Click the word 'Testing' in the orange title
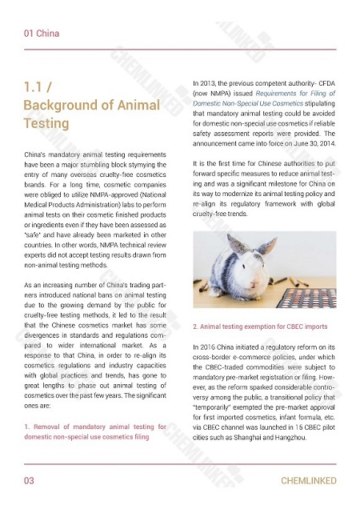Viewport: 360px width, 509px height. click(x=47, y=124)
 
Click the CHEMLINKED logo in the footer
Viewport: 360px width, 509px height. click(x=308, y=481)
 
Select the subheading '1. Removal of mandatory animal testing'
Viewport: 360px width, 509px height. click(x=95, y=427)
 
